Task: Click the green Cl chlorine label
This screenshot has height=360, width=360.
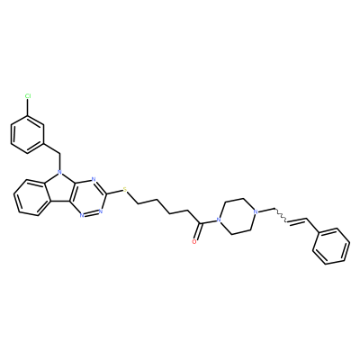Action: [x=28, y=96]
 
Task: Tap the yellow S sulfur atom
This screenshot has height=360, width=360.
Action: [x=125, y=190]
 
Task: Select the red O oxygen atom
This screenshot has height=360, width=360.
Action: [x=194, y=241]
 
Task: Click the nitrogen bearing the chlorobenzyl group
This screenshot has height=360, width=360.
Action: [x=59, y=173]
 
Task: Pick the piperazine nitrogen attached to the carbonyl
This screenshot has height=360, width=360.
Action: [x=219, y=221]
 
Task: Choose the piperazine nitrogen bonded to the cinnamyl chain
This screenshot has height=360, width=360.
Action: [x=256, y=211]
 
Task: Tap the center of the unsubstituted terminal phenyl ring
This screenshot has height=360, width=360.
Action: [x=331, y=247]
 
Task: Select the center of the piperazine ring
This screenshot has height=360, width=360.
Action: [x=237, y=216]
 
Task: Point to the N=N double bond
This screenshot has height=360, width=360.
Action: [x=91, y=213]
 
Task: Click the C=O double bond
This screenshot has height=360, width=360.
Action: [x=198, y=231]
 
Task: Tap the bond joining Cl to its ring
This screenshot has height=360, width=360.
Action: [x=28, y=107]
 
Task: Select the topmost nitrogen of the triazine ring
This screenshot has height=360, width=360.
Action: [x=94, y=180]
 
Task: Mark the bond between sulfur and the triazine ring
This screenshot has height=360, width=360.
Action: [x=114, y=193]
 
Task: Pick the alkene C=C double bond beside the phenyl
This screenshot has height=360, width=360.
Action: [x=297, y=220]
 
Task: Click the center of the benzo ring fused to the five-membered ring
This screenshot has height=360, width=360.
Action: [x=31, y=197]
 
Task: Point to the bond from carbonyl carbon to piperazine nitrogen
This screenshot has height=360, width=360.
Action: [x=210, y=222]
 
